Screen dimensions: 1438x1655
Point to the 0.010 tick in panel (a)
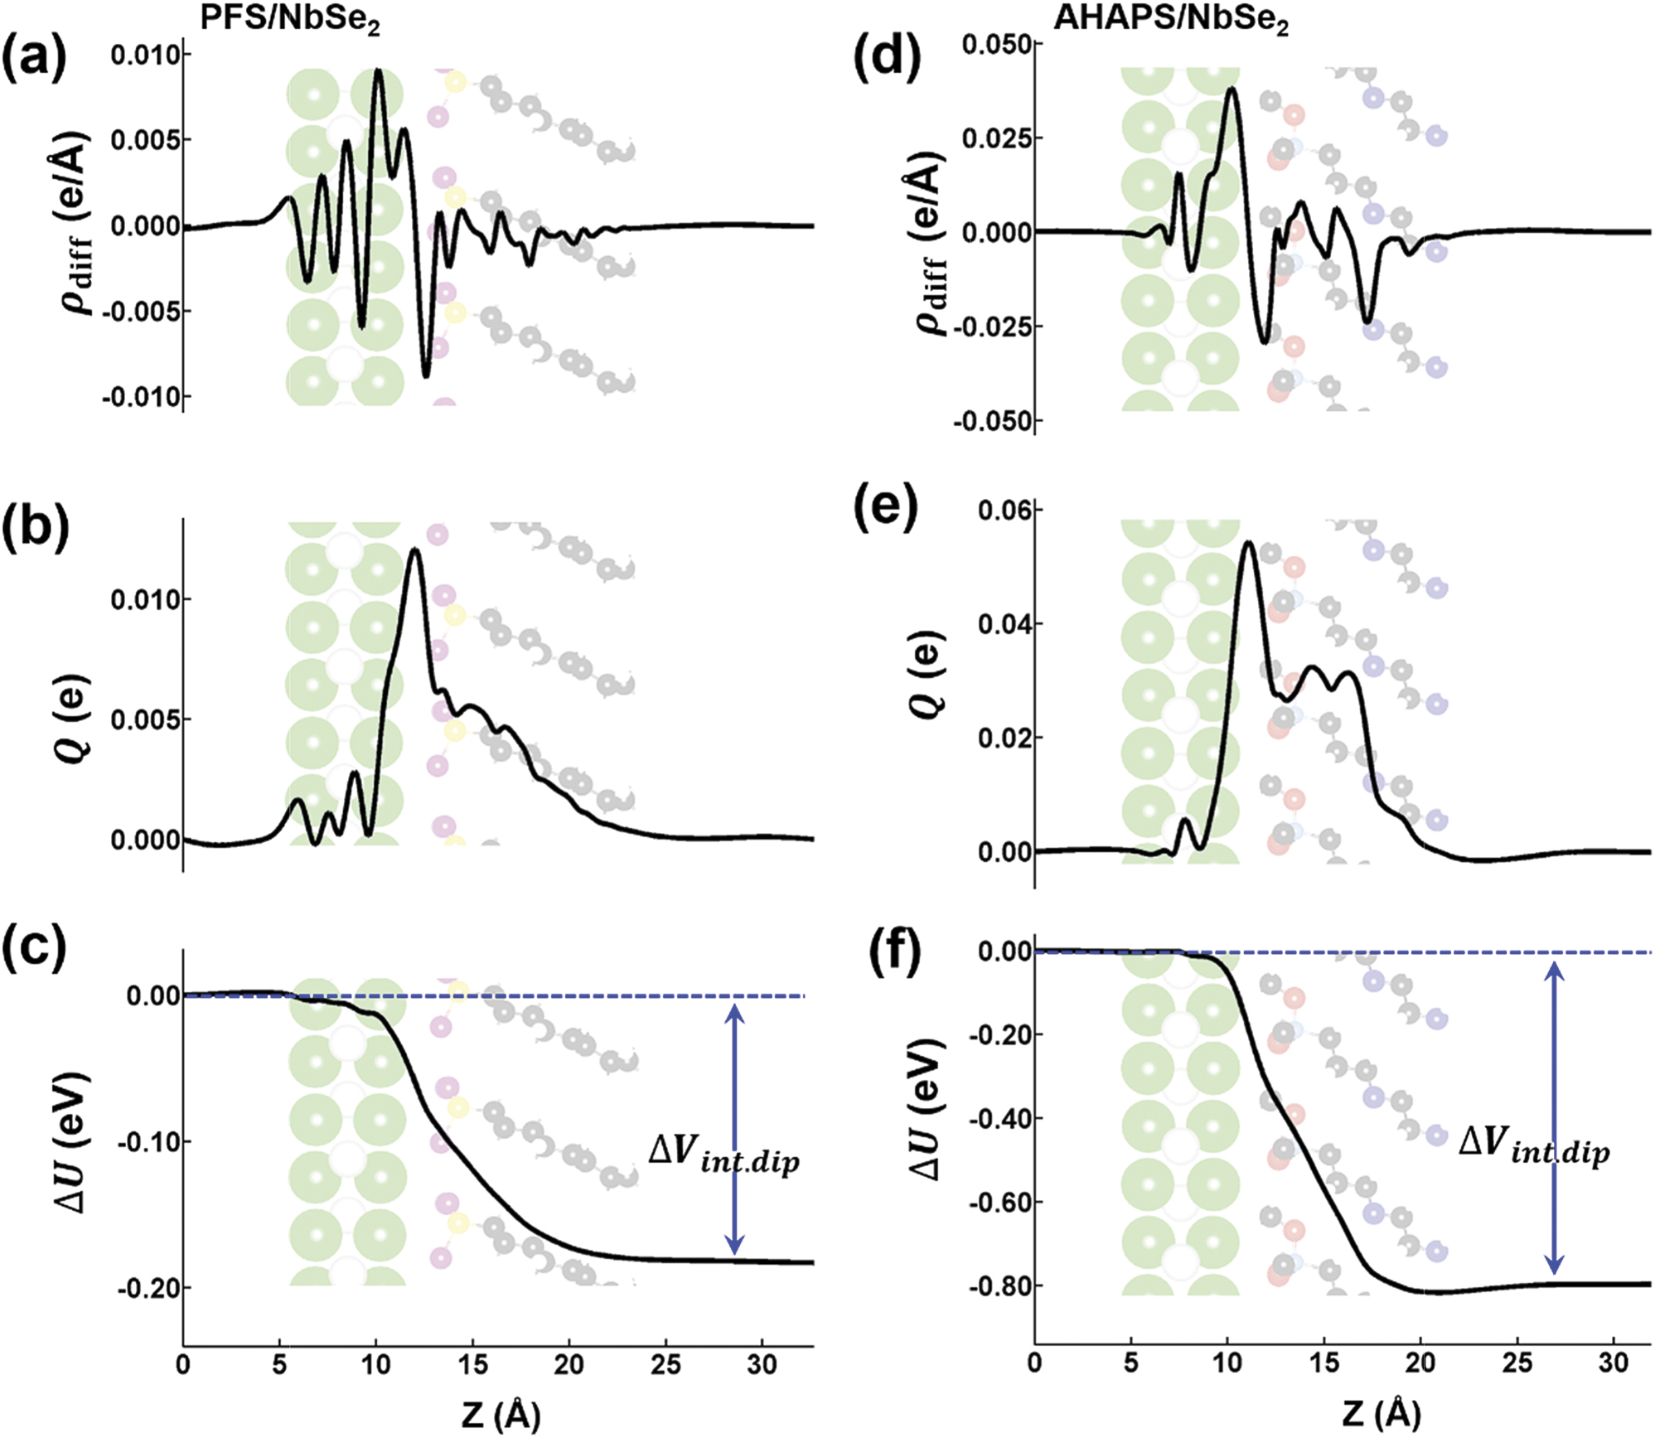click(x=145, y=55)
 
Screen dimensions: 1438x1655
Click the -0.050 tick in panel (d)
click(x=992, y=421)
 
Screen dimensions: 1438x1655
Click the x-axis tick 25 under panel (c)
click(x=665, y=1363)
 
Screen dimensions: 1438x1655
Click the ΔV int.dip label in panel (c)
click(x=723, y=1153)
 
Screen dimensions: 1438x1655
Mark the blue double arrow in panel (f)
click(x=1555, y=1119)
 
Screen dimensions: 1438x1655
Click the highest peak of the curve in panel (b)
click(x=414, y=550)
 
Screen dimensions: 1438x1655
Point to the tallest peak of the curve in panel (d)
click(x=1232, y=88)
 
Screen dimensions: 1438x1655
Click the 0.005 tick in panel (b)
click(x=145, y=719)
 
